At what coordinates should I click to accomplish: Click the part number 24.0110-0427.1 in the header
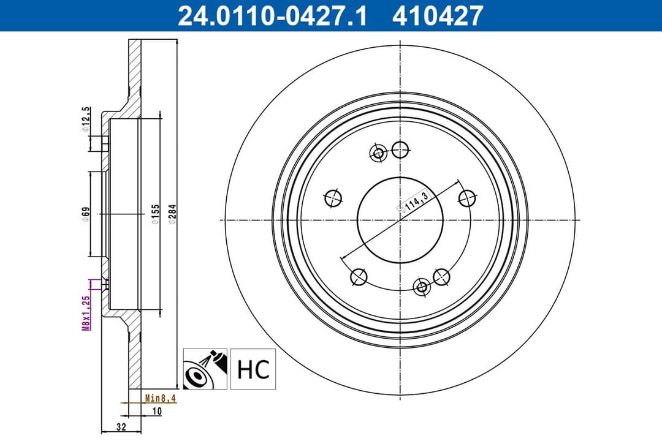click(272, 15)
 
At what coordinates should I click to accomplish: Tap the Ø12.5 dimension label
click(86, 119)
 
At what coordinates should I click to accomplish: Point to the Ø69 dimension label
click(86, 213)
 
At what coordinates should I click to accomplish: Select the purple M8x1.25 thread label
click(86, 312)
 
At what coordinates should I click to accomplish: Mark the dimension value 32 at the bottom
click(121, 427)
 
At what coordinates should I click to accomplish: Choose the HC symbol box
click(253, 369)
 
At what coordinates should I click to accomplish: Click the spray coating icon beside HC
click(205, 369)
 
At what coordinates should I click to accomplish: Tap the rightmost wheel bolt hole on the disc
click(468, 198)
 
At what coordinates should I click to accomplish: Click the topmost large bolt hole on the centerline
click(400, 149)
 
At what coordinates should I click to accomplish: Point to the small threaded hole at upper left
click(378, 153)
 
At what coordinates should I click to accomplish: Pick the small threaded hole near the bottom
click(422, 287)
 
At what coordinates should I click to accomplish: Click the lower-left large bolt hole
click(359, 277)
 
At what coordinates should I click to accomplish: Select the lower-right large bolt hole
click(441, 277)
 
